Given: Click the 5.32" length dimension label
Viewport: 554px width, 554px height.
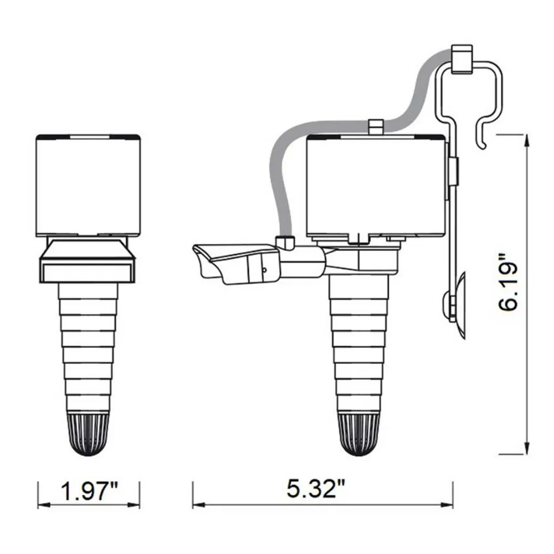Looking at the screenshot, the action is [315, 489].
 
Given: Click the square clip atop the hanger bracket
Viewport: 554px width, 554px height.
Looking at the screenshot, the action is [462, 59].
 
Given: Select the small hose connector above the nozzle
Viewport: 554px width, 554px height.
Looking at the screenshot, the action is [284, 243].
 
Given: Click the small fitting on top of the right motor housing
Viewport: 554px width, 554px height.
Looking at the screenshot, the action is [376, 127].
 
